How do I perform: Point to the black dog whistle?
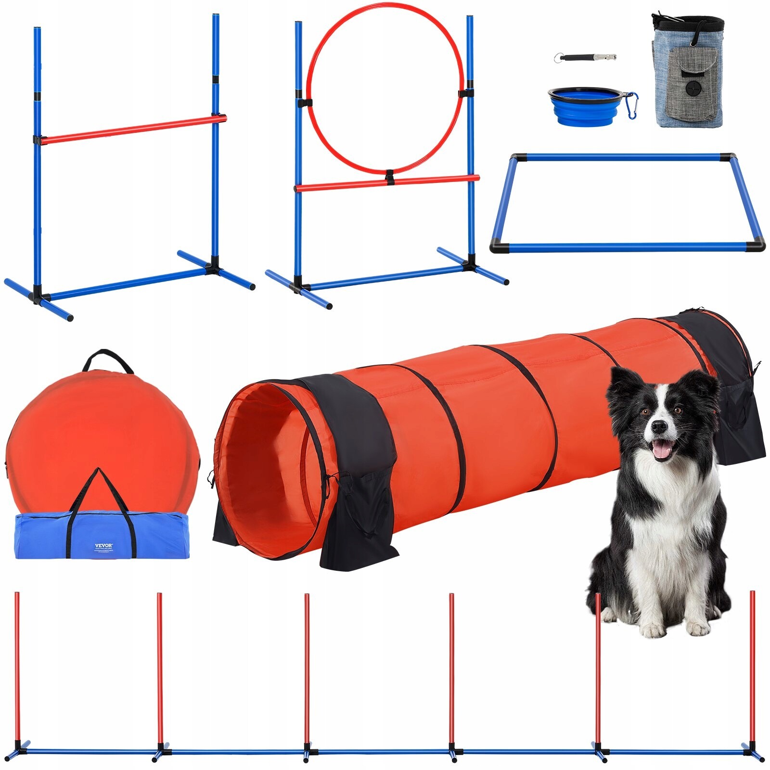click(584, 57)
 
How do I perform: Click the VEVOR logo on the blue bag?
click(103, 546)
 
